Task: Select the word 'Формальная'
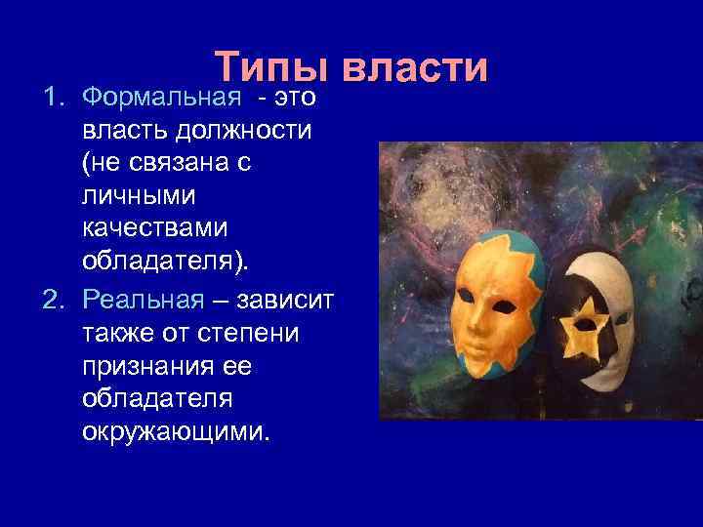[161, 97]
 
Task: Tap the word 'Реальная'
[144, 298]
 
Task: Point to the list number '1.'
[55, 97]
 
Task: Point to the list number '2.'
[55, 298]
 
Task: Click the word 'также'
[120, 332]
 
